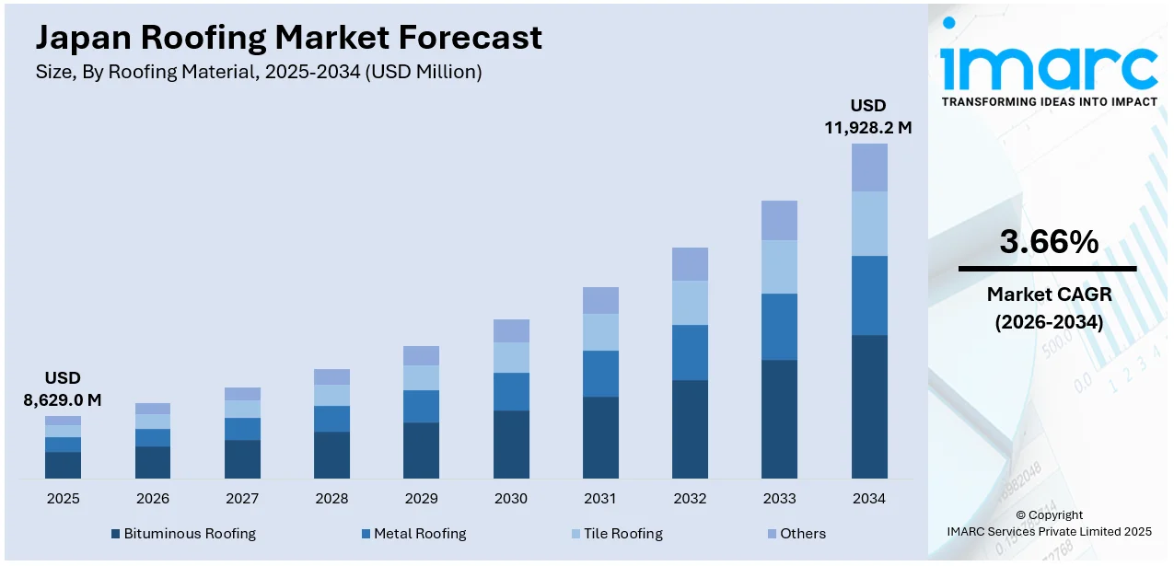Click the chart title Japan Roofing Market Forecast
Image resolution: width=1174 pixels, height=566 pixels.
(288, 38)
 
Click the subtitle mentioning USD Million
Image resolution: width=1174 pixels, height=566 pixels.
(258, 72)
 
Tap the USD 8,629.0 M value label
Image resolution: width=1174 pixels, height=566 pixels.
(63, 388)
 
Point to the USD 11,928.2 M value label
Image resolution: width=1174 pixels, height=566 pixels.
(868, 116)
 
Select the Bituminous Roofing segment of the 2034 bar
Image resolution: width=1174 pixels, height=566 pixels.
(869, 406)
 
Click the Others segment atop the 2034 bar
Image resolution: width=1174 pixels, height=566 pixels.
(869, 167)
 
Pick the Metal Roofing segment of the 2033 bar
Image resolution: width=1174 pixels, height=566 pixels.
(779, 326)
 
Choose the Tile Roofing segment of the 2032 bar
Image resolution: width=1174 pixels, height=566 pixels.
(690, 303)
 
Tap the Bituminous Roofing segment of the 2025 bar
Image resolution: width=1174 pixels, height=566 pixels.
(64, 465)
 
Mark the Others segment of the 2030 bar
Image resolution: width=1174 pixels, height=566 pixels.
(511, 330)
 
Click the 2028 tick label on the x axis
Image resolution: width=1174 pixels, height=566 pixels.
(331, 499)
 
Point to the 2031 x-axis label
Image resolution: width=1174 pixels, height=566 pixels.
(600, 499)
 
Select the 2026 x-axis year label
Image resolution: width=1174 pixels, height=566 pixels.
(153, 499)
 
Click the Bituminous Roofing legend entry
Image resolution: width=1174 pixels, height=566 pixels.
(183, 534)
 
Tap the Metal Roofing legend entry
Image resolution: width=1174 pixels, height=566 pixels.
(413, 534)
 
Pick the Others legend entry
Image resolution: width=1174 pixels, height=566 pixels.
(796, 534)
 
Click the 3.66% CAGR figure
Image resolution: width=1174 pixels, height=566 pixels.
(1048, 242)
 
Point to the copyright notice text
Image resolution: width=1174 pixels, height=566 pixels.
(1048, 523)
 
